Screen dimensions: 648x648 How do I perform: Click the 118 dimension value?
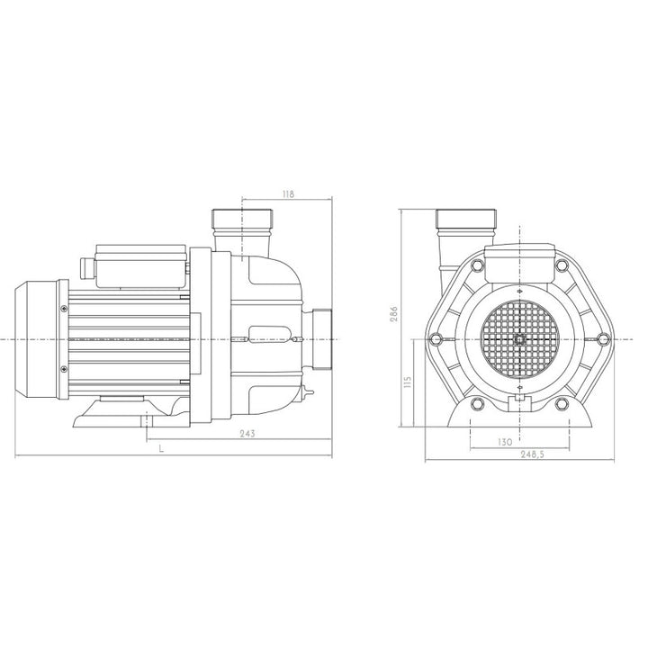(289, 193)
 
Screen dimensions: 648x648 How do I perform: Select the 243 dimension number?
(247, 434)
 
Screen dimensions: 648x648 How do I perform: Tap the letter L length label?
(162, 448)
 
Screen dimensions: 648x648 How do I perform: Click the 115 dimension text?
(408, 382)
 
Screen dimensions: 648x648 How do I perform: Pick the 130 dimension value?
(505, 442)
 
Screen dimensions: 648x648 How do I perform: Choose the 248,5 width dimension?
(533, 454)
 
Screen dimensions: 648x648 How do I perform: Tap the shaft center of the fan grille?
(519, 339)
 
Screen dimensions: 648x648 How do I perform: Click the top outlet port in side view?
(242, 230)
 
